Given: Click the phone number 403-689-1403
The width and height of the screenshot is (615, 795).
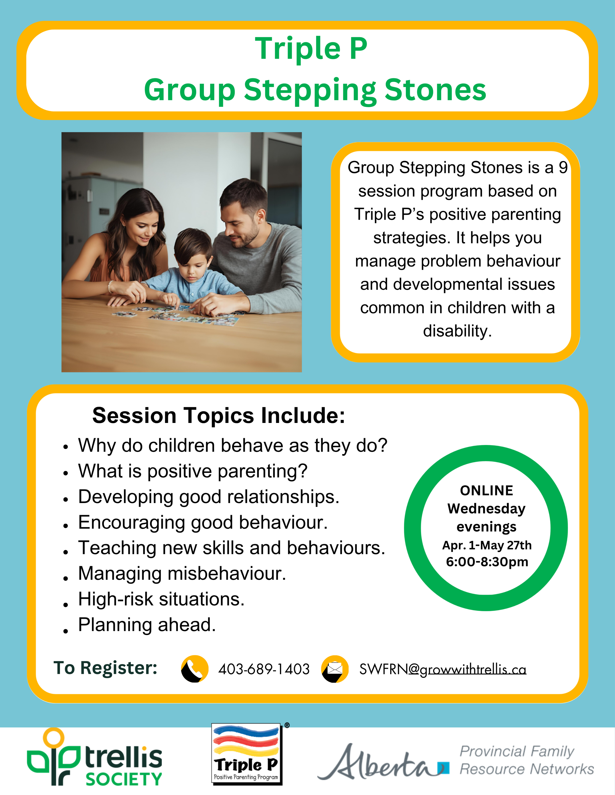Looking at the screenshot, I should pyautogui.click(x=264, y=669).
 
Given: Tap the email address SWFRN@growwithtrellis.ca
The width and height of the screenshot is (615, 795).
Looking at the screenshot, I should pyautogui.click(x=443, y=669).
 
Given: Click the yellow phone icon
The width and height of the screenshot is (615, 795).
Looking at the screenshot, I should pyautogui.click(x=195, y=669).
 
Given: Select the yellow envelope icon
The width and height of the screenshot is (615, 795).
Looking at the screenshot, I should pyautogui.click(x=335, y=669).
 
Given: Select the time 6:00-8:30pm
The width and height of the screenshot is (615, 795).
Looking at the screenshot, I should pyautogui.click(x=487, y=562).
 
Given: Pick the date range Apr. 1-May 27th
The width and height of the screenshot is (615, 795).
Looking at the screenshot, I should pyautogui.click(x=487, y=545).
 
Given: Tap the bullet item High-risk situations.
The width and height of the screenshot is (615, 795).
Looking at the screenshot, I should pyautogui.click(x=161, y=599).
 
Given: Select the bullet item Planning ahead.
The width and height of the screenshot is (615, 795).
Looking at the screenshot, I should pyautogui.click(x=147, y=625).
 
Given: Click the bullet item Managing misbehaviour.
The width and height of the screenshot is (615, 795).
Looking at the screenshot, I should pyautogui.click(x=182, y=573).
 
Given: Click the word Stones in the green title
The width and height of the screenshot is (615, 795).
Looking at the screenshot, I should pyautogui.click(x=435, y=90).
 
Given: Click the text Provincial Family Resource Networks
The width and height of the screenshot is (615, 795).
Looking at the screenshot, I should pyautogui.click(x=526, y=760).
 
